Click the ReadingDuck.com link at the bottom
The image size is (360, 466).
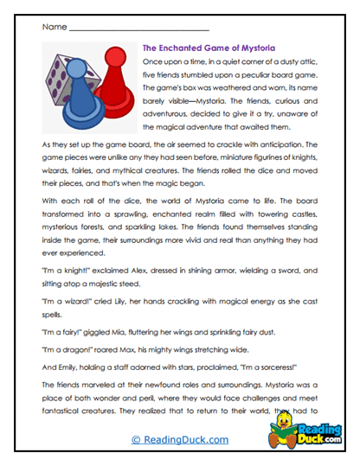tap(180, 440)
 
